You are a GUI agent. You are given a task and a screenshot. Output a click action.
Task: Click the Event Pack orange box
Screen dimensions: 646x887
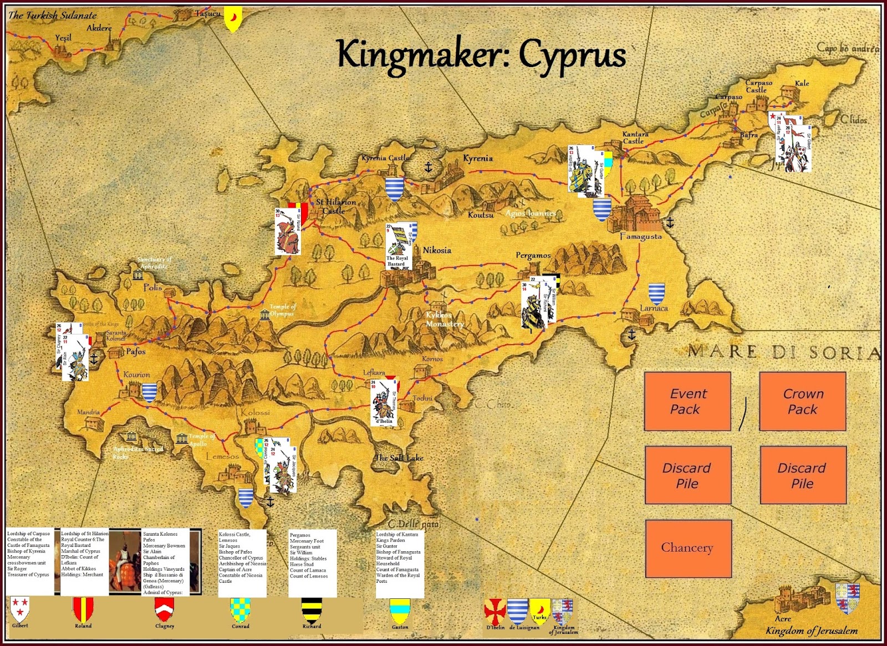[687, 401]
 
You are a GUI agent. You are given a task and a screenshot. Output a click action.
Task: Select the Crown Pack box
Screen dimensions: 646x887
[802, 401]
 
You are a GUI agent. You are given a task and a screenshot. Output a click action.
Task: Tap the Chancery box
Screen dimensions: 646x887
[687, 548]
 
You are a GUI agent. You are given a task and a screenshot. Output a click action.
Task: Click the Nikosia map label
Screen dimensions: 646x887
[437, 250]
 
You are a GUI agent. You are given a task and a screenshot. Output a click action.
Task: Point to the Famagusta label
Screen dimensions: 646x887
[640, 237]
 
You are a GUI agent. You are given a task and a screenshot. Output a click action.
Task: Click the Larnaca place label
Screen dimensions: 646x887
[654, 308]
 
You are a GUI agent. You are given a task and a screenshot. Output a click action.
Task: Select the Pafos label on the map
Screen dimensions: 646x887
[136, 351]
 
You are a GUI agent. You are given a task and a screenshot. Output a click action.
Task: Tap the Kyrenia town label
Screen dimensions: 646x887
[477, 158]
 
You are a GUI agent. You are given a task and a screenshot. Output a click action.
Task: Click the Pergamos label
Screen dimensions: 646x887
[533, 255]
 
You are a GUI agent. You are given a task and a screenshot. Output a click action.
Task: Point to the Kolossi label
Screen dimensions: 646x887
[255, 412]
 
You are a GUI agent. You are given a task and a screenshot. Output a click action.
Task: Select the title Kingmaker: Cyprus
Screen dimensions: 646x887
[481, 55]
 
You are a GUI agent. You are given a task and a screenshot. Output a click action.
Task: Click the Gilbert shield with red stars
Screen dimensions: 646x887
[21, 609]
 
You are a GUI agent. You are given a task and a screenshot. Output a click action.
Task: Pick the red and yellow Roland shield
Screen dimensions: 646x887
[83, 609]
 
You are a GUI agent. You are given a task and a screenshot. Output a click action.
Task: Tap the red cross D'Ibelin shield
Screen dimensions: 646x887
[495, 611]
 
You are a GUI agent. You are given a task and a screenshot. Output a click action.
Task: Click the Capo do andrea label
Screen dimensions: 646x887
[847, 48]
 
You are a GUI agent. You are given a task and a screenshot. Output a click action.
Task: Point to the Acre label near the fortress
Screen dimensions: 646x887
[783, 618]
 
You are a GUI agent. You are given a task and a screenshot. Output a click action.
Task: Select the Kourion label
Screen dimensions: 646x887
[136, 375]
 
